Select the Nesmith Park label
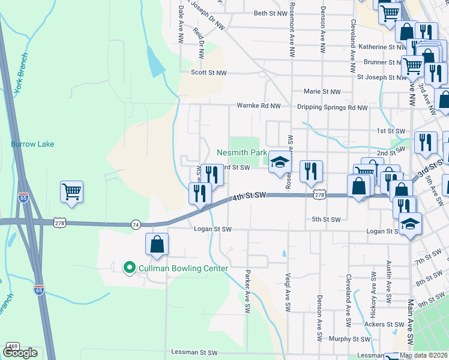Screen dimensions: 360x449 241,153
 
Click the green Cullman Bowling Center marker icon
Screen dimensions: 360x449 128,268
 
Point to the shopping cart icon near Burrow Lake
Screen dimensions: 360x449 71,192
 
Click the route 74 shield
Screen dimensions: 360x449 136,224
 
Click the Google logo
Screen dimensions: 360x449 20,353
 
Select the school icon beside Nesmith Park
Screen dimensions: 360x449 279,161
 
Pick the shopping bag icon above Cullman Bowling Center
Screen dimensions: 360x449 157,244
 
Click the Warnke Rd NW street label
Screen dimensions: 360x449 259,106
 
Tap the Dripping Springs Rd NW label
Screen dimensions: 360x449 333,108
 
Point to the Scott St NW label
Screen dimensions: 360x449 209,73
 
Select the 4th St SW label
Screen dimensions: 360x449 249,196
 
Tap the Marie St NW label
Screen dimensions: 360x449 322,92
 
